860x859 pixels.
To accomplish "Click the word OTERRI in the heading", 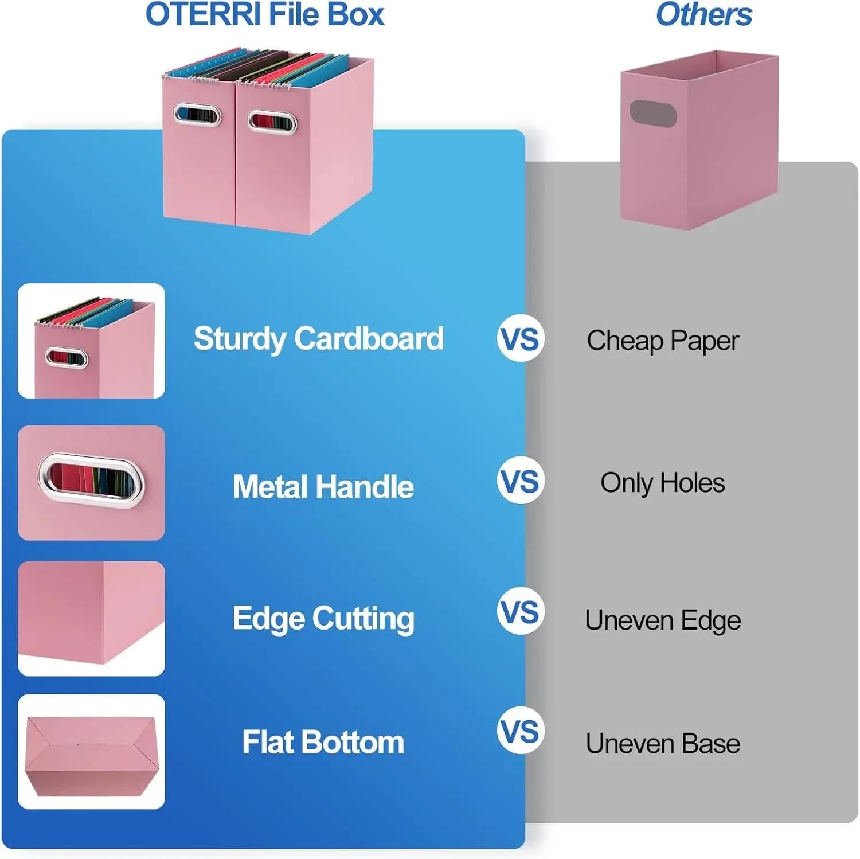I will (203, 15).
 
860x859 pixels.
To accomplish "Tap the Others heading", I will (703, 15).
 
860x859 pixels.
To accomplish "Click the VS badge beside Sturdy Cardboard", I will (520, 338).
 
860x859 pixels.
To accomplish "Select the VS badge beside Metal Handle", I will (520, 481).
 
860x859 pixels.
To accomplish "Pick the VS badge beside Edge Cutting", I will (520, 611).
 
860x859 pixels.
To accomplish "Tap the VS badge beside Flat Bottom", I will (520, 731).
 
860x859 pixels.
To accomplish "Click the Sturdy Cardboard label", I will (319, 339).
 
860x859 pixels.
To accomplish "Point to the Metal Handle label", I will (323, 487).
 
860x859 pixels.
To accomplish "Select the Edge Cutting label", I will (323, 619).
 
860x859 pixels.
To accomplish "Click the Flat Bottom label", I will (323, 742).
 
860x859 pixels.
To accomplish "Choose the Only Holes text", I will (663, 483).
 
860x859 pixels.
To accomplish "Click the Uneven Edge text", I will (663, 620).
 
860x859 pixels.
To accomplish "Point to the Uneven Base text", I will (663, 744).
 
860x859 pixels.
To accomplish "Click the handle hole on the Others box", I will (653, 114).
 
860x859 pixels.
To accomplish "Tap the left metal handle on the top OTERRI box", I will (197, 115).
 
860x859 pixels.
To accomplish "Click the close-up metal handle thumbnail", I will (91, 482).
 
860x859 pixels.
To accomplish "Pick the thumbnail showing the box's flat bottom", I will (91, 751).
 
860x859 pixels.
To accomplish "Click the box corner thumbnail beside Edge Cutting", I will (91, 618).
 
